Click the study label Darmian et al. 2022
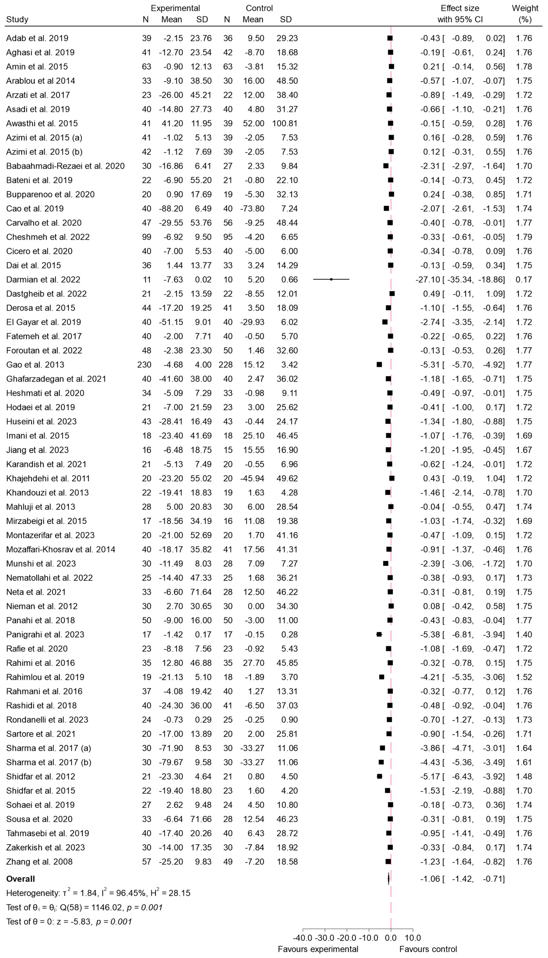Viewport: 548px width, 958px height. [x=43, y=279]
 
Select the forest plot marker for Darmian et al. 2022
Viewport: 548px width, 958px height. [x=331, y=279]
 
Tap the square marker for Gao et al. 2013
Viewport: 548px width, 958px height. [x=379, y=365]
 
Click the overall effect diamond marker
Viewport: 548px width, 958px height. [x=388, y=879]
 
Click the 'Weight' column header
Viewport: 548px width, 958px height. [x=525, y=8]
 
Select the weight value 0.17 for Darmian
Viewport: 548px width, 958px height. [x=524, y=279]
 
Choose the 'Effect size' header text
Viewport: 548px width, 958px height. [x=460, y=8]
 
